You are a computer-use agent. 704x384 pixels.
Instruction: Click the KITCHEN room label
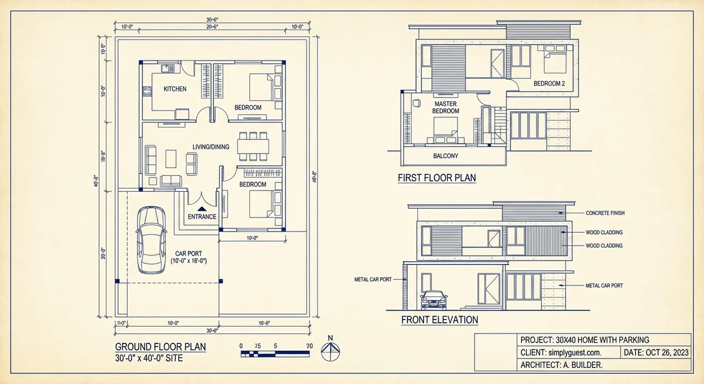pos(175,89)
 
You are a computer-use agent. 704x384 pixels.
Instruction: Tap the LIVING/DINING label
pos(211,147)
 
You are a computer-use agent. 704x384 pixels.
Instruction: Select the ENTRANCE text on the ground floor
pos(202,217)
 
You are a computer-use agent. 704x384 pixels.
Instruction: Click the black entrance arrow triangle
pos(202,208)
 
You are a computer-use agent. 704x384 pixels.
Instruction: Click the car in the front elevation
pos(433,300)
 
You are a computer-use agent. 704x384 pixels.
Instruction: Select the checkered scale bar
pos(277,354)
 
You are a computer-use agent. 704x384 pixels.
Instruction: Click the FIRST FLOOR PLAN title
pos(436,178)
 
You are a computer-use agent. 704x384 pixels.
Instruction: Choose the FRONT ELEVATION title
pos(439,320)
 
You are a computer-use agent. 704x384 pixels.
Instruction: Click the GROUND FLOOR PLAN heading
pos(160,347)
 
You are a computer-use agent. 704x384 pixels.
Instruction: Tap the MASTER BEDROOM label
pos(446,107)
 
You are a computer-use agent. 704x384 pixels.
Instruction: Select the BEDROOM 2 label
pos(549,84)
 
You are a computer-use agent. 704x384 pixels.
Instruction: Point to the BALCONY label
pos(446,156)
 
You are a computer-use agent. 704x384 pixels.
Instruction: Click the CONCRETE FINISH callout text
pos(605,213)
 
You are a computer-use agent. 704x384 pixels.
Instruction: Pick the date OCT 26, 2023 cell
pos(656,353)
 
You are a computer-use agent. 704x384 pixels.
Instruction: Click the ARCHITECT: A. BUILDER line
pos(561,365)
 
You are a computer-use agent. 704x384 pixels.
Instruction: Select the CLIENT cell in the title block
pos(561,353)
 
